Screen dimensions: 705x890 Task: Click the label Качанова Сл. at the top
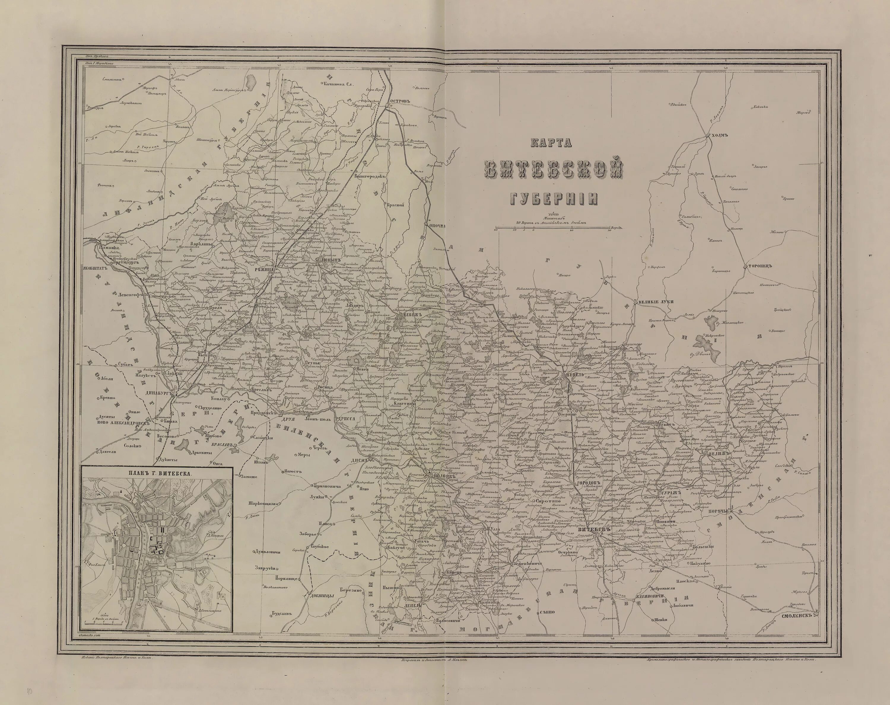tap(336, 84)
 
